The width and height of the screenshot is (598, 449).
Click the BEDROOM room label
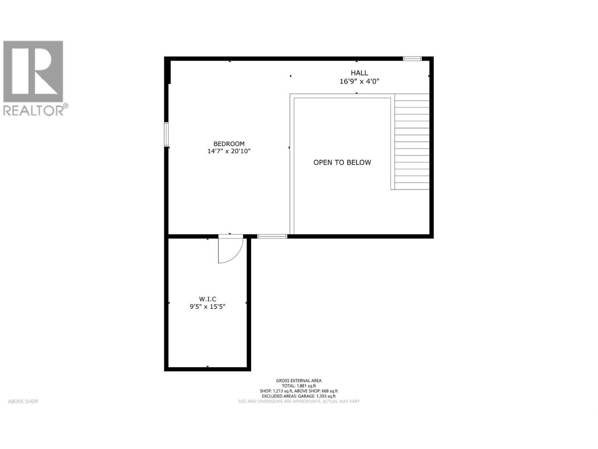229,144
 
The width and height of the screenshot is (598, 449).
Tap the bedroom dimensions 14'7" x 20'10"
229,152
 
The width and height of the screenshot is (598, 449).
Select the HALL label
359,73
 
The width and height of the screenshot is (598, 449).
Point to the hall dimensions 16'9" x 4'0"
359,81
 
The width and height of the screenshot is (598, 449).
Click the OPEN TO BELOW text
342,162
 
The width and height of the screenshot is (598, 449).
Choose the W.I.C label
207,299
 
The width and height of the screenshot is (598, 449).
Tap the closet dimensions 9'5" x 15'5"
207,307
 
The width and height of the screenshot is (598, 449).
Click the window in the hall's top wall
412,58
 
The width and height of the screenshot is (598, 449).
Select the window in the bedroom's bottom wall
272,236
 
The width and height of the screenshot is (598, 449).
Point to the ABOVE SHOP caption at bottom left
23,401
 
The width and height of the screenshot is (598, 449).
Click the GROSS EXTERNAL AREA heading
299,381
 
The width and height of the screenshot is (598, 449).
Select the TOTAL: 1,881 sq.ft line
299,386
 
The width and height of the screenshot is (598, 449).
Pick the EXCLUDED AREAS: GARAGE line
299,396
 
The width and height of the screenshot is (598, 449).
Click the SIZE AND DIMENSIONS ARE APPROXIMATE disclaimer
299,401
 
